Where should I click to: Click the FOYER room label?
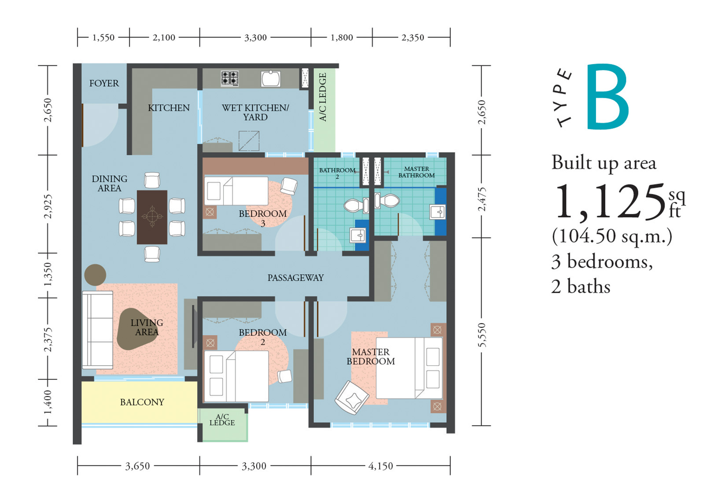coord(104,83)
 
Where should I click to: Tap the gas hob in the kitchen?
coord(229,79)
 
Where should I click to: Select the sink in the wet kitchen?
coord(270,79)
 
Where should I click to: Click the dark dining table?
coord(152,217)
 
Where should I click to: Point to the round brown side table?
coord(95,275)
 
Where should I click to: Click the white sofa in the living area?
coord(98,330)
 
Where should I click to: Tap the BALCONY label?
coord(142,402)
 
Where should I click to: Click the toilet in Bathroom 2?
coord(356,205)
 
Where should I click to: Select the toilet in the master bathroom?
coord(387,200)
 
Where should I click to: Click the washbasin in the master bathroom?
coord(438,212)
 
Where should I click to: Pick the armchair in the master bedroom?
coord(352,397)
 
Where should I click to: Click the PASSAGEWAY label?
coord(295,278)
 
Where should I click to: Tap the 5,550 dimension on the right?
coord(482,335)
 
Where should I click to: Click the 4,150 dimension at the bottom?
coord(381,466)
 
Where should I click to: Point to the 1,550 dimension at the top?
coord(103,38)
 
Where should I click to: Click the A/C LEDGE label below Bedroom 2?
coord(222,419)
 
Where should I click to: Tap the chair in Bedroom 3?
coord(289,186)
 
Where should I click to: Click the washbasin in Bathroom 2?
coord(358,235)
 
